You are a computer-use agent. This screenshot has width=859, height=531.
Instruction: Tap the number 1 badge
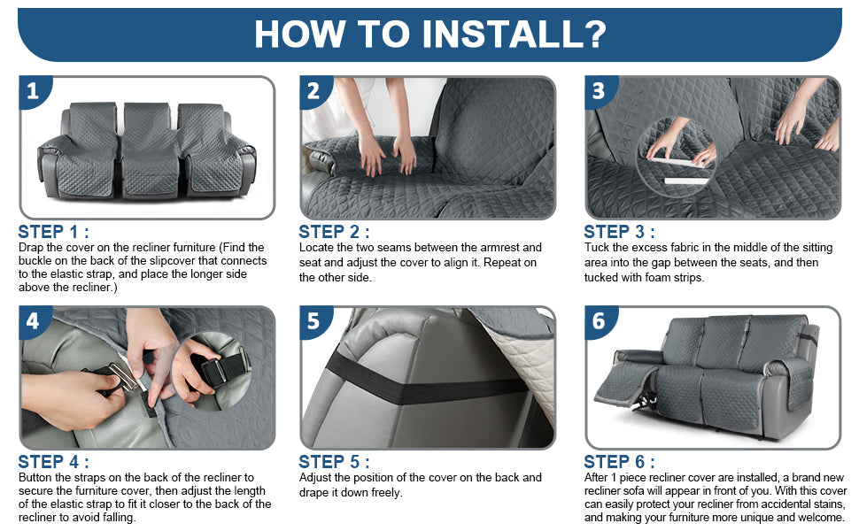(33, 91)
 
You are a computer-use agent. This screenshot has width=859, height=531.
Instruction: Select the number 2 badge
(313, 91)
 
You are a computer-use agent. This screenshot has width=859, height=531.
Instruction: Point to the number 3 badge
(599, 91)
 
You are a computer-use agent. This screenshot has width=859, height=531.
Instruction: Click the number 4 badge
(33, 320)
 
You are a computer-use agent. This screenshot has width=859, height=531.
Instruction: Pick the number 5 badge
(313, 320)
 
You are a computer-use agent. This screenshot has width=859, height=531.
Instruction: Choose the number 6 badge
(599, 320)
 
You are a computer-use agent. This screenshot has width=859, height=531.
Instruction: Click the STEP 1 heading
(54, 232)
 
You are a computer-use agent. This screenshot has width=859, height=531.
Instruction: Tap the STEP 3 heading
(619, 232)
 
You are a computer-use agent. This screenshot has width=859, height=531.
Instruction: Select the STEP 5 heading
(334, 461)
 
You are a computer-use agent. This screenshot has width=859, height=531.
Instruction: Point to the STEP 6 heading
(619, 461)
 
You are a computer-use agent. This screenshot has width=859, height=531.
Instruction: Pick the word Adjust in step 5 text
(315, 478)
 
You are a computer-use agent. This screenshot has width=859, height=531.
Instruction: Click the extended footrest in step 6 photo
(624, 383)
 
